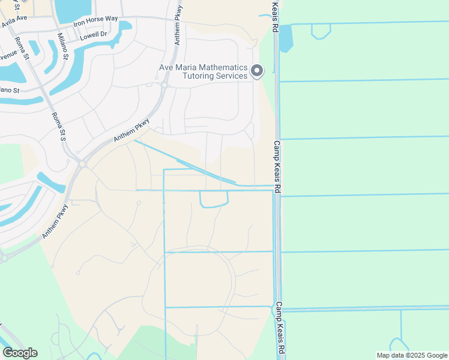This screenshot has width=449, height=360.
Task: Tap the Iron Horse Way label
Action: click(x=95, y=19)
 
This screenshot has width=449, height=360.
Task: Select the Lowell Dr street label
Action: click(x=93, y=35)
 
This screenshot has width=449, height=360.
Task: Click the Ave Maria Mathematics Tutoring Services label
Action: click(x=203, y=72)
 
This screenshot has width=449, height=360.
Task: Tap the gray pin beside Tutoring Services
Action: click(x=257, y=71)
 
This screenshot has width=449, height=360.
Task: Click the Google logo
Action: click(x=20, y=353)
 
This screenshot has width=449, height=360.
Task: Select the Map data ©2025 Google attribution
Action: click(x=412, y=355)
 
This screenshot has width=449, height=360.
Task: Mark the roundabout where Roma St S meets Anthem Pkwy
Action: click(x=82, y=163)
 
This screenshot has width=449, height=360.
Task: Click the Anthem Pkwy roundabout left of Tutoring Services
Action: click(x=163, y=85)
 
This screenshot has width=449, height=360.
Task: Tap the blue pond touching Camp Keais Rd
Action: click(x=285, y=38)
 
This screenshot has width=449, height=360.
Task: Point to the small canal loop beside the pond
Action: click(x=321, y=32)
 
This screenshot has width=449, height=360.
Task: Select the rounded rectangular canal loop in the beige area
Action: click(x=214, y=199)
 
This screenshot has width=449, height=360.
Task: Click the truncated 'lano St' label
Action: click(x=10, y=90)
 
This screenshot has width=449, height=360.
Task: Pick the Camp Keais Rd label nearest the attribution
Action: click(x=279, y=328)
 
